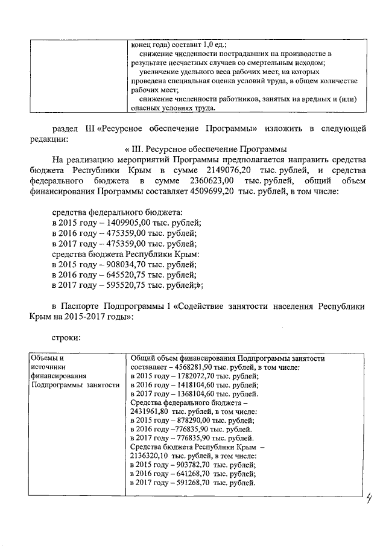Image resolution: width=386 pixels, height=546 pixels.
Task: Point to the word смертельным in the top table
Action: point(265,62)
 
